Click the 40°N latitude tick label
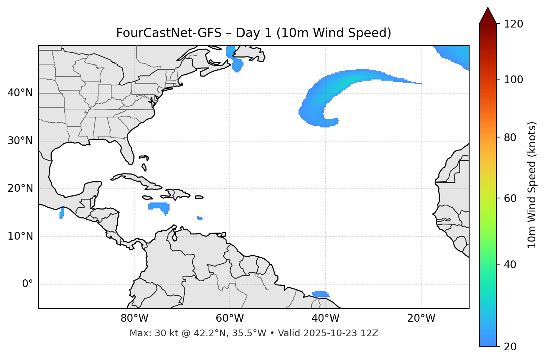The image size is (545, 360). tap(20, 93)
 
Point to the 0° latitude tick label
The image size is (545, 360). tap(27, 284)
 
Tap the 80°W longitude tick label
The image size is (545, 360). tap(134, 318)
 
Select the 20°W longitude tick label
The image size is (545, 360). tap(421, 318)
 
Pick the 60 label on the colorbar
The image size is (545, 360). tap(510, 198)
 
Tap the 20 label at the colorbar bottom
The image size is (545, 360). tap(510, 347)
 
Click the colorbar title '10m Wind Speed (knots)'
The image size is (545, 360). tap(532, 185)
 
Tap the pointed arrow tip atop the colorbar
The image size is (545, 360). tap(487, 9)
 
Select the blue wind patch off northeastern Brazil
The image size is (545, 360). tap(320, 294)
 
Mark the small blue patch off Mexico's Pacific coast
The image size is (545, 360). tap(62, 213)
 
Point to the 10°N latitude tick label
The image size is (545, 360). tap(20, 236)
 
